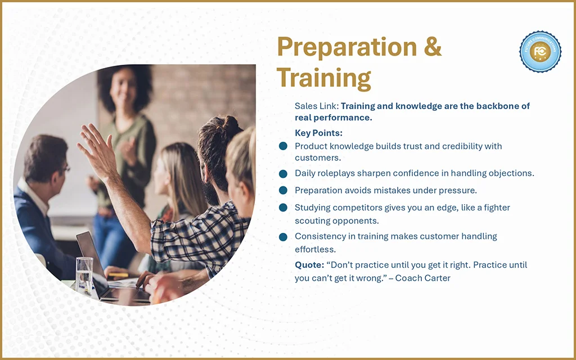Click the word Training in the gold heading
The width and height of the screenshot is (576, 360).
[x=323, y=78]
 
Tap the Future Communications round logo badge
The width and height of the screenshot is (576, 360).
[x=540, y=51]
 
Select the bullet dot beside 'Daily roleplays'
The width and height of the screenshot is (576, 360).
[x=283, y=174]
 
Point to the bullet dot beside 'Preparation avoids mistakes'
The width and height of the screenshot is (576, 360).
[x=283, y=190]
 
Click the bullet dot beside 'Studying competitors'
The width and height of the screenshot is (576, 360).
[x=283, y=208]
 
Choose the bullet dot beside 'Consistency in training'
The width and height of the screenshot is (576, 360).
[x=283, y=237]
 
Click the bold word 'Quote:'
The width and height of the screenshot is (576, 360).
[x=309, y=265]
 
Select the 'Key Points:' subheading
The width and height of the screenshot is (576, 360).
[x=318, y=133]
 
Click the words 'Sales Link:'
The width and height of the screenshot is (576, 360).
[x=317, y=106]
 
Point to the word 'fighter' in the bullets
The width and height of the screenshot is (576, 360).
[x=497, y=208]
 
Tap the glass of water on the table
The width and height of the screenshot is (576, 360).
[x=84, y=276]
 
